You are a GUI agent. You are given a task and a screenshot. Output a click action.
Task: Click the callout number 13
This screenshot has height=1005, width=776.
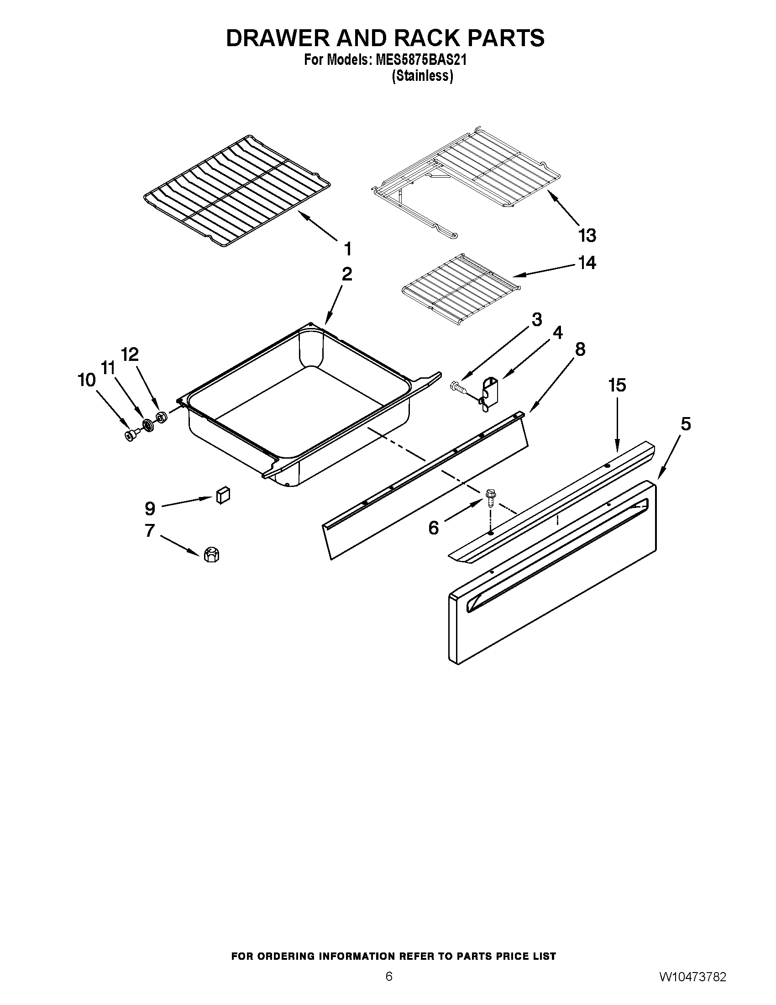pyautogui.click(x=587, y=236)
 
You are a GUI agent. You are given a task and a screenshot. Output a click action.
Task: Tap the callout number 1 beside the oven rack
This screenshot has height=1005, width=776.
pyautogui.click(x=348, y=249)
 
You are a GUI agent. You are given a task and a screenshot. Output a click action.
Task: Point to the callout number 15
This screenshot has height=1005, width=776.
pyautogui.click(x=617, y=385)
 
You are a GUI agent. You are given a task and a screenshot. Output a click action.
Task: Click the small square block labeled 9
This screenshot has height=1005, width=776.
pyautogui.click(x=222, y=496)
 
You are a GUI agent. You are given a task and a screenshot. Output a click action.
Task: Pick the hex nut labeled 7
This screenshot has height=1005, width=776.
pyautogui.click(x=211, y=555)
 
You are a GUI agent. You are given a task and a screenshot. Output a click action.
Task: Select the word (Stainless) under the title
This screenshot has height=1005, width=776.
pyautogui.click(x=422, y=76)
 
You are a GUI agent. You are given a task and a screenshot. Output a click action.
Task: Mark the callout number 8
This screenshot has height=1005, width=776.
pyautogui.click(x=580, y=350)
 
